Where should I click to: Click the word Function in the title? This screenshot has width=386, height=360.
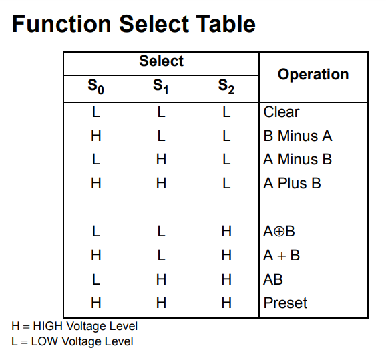pyautogui.click(x=61, y=24)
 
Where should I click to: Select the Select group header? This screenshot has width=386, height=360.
pyautogui.click(x=161, y=61)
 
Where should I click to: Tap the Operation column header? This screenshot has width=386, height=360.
pyautogui.click(x=313, y=75)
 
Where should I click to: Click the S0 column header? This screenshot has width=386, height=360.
pyautogui.click(x=95, y=87)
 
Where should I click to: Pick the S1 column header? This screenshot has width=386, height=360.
pyautogui.click(x=160, y=87)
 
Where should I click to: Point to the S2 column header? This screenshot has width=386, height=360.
pyautogui.click(x=226, y=87)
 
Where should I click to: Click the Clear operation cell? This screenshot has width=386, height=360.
pyautogui.click(x=281, y=112)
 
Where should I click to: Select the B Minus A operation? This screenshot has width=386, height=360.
pyautogui.click(x=298, y=136)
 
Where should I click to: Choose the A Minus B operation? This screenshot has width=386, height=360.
pyautogui.click(x=297, y=159)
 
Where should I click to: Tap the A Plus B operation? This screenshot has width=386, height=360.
pyautogui.click(x=292, y=183)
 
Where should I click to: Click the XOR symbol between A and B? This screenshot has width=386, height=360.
pyautogui.click(x=279, y=232)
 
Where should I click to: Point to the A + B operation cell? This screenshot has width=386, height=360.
pyautogui.click(x=281, y=255)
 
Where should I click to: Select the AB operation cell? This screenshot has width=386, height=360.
pyautogui.click(x=273, y=279)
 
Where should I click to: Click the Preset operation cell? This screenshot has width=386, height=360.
pyautogui.click(x=285, y=303)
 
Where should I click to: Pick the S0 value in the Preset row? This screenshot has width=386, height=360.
pyautogui.click(x=96, y=303)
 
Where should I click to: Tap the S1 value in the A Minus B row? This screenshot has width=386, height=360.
pyautogui.click(x=161, y=159)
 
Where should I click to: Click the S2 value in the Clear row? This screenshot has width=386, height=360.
pyautogui.click(x=226, y=112)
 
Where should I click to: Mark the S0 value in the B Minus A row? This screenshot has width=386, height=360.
pyautogui.click(x=96, y=136)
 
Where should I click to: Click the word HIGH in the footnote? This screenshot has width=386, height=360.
pyautogui.click(x=48, y=326)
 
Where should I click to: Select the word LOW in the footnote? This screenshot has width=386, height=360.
pyautogui.click(x=45, y=341)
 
